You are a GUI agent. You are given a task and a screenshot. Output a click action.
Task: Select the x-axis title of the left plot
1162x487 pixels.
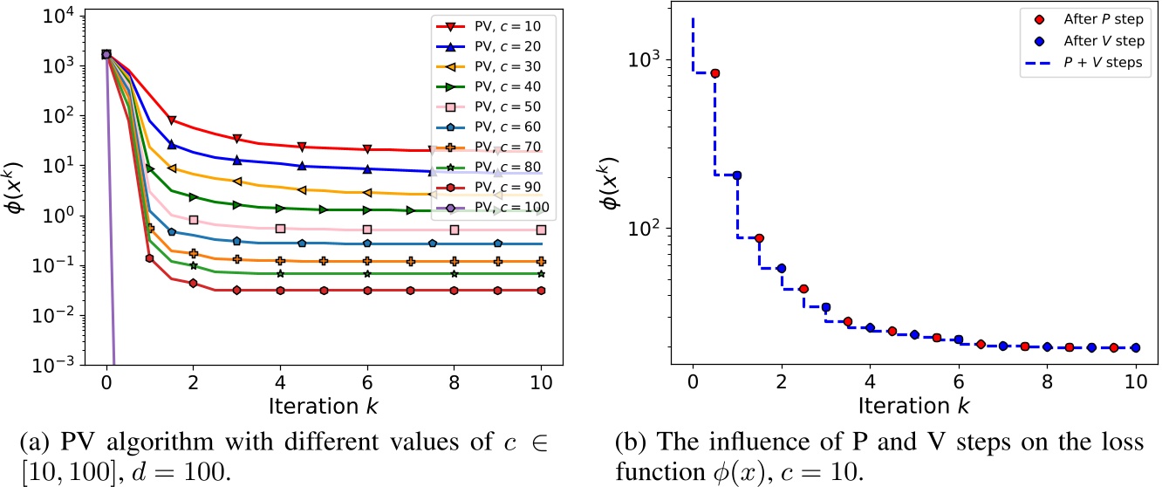click(x=324, y=408)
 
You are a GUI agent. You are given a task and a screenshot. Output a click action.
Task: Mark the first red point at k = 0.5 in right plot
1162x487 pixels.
click(x=714, y=73)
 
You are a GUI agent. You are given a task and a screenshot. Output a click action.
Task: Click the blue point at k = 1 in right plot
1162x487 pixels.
click(x=736, y=175)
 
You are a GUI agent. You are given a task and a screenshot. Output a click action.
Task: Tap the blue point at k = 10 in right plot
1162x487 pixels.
click(x=1135, y=347)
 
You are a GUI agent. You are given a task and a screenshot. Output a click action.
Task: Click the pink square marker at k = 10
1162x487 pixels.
click(x=541, y=230)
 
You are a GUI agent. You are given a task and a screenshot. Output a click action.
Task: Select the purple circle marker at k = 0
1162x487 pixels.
click(x=106, y=54)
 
